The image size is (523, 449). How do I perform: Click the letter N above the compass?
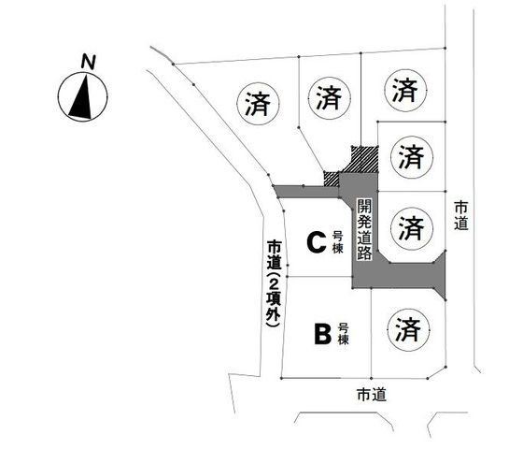(x=89, y=62)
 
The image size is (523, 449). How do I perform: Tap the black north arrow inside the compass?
(x=82, y=98)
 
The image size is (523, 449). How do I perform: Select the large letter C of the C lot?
(x=317, y=243)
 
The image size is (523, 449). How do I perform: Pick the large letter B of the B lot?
(x=322, y=334)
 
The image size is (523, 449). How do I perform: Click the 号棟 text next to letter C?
(x=337, y=242)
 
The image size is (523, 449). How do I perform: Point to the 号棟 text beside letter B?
(x=344, y=334)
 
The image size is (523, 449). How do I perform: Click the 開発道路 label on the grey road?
(x=364, y=230)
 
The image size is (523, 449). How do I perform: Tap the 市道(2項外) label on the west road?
(x=275, y=282)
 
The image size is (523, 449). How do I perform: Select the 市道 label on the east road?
(x=461, y=216)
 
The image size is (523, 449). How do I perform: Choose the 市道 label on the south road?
(x=372, y=395)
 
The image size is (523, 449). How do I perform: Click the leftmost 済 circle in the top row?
(x=258, y=104)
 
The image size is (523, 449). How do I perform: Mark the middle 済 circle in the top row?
(x=330, y=98)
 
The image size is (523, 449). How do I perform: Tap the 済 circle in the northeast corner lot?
(x=405, y=90)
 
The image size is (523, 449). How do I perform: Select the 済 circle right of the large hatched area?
(x=412, y=157)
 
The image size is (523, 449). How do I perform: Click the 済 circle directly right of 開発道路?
(x=412, y=228)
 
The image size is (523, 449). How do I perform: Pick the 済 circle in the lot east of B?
(x=408, y=329)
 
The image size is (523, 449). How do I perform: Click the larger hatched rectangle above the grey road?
(x=364, y=159)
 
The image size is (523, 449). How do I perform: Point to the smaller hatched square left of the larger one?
(x=332, y=179)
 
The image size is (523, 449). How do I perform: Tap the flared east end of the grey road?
(x=440, y=276)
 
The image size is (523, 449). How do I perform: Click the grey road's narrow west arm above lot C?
(x=307, y=192)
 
